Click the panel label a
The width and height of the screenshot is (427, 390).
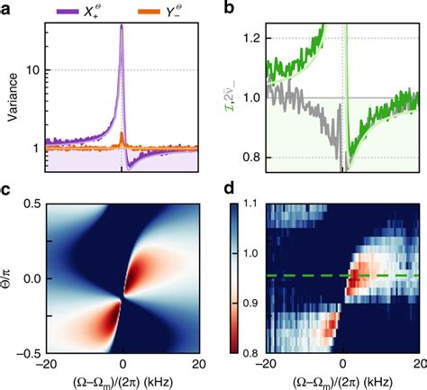(7, 8)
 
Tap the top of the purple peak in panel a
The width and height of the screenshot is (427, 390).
(122, 26)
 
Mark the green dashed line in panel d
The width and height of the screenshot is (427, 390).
(360, 275)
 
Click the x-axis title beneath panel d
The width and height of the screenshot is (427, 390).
(342, 382)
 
